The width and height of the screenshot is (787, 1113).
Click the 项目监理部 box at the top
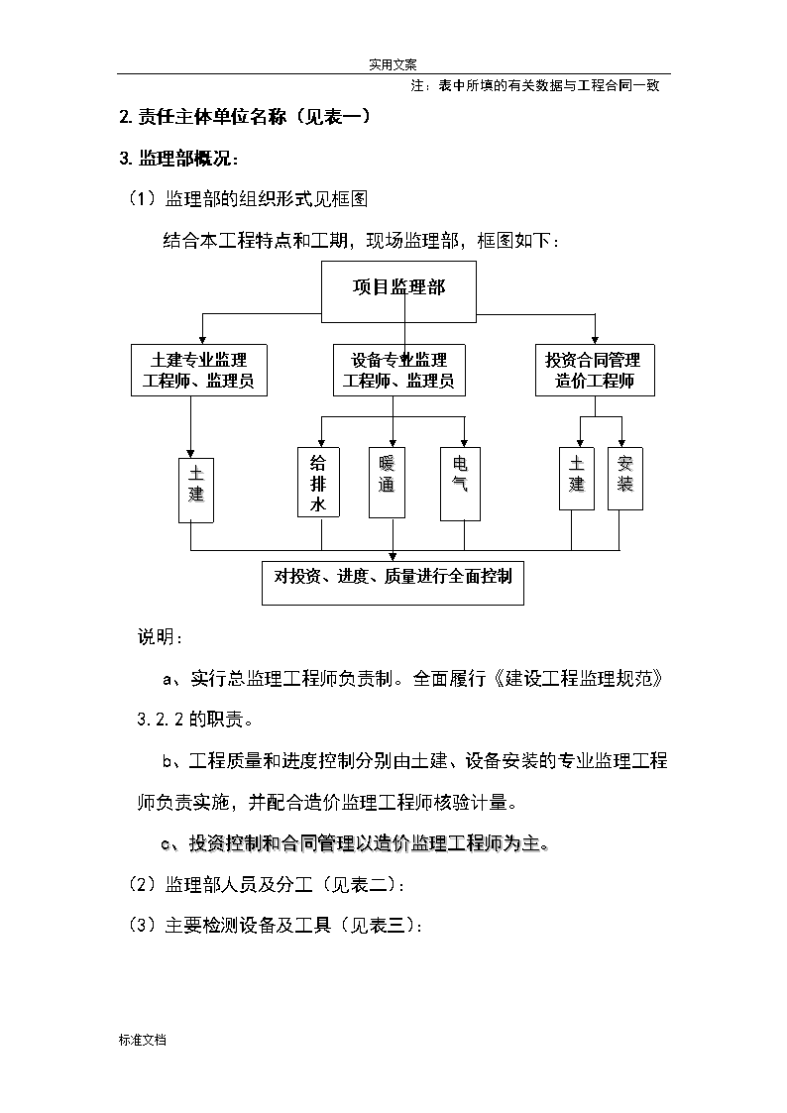pos(398,291)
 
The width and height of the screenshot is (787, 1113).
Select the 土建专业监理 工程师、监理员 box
pos(198,370)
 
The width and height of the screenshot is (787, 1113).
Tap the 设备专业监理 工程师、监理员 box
pos(399,370)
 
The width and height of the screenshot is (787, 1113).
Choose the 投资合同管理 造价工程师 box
pos(595,370)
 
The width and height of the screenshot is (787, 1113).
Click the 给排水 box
pos(318,482)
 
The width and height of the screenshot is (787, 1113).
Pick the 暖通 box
pos(387,482)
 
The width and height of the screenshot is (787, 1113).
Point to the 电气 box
pos(461,484)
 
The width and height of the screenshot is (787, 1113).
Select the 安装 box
pos(625,479)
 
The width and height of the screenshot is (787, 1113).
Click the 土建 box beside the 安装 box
pos(576,479)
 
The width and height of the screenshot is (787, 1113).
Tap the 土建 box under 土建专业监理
pos(196,491)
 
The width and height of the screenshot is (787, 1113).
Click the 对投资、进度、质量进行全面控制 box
pos(393,583)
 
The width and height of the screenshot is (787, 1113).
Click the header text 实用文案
pos(393,64)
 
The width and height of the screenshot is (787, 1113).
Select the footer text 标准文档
pos(143,1040)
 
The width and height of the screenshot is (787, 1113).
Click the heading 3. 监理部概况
pos(178,158)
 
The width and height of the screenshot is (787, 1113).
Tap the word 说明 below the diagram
pos(156,636)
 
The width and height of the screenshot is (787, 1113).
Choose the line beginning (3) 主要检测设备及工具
pos(277,926)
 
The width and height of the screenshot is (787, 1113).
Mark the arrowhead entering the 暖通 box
pos(393,442)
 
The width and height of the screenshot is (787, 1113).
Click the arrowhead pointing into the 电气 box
pos(464,442)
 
